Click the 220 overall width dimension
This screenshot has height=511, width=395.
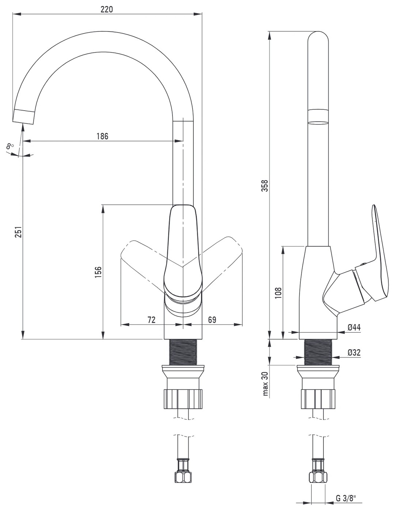tap(107, 9)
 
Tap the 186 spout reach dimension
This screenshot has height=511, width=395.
tap(102, 136)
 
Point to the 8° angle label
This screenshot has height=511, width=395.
tap(10, 146)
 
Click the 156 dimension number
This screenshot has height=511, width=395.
tap(98, 272)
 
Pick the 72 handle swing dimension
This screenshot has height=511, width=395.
tap(151, 320)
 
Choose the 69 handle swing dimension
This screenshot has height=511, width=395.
tap(212, 320)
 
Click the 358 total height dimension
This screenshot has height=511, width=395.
tap(265, 186)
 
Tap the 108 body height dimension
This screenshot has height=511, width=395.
tap(278, 293)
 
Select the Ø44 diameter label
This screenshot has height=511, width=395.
tap(354, 327)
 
